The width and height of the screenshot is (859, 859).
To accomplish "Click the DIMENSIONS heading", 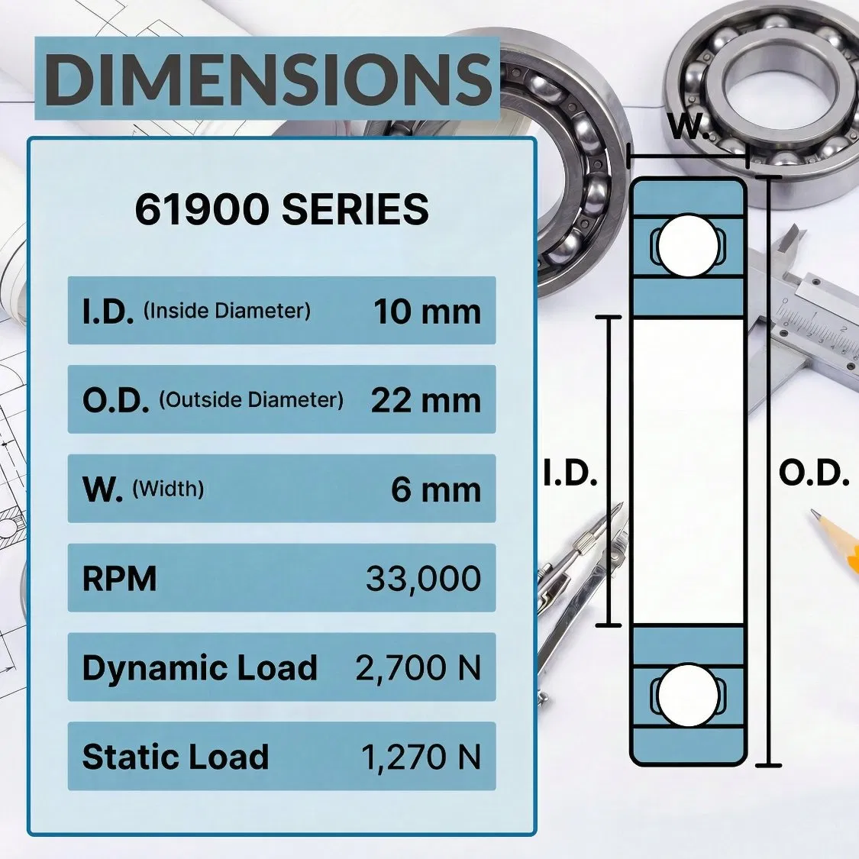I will (267, 79).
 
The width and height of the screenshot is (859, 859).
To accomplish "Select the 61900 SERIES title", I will (282, 210).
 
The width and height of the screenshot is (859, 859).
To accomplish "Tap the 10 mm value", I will (427, 312).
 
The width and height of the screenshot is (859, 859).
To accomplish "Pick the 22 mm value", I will (425, 400).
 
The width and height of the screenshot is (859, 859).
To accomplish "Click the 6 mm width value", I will (436, 489).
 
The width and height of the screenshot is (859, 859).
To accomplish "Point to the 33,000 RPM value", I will (423, 579).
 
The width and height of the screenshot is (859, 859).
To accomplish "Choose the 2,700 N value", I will (418, 668).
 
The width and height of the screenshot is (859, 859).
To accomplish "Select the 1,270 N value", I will (421, 757).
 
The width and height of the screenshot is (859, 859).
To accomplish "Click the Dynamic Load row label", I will (199, 668).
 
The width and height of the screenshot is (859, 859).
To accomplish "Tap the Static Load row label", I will (176, 757).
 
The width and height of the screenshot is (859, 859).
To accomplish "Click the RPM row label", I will (119, 579).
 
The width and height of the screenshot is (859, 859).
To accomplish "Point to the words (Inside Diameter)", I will (227, 312).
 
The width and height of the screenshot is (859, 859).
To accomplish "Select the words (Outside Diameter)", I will (251, 400).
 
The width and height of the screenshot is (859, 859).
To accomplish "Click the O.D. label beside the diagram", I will (814, 474).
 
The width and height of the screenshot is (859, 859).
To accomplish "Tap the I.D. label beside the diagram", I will (570, 474).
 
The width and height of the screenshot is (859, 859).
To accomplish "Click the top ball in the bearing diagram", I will (686, 246).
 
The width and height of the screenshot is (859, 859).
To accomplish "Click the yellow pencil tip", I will (817, 518).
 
